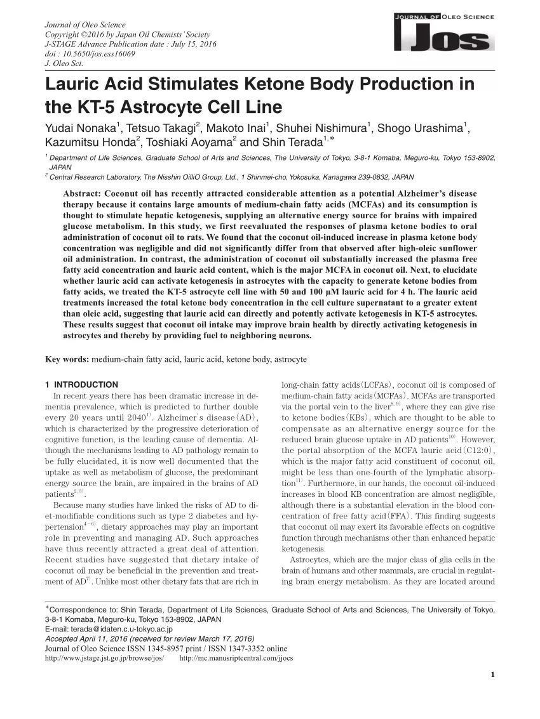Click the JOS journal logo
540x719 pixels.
(444, 32)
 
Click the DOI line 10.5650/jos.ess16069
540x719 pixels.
(90, 54)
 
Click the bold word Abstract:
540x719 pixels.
(83, 194)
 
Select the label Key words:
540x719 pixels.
(67, 359)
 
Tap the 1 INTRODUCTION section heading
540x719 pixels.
(82, 385)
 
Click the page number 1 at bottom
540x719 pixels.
(493, 675)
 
